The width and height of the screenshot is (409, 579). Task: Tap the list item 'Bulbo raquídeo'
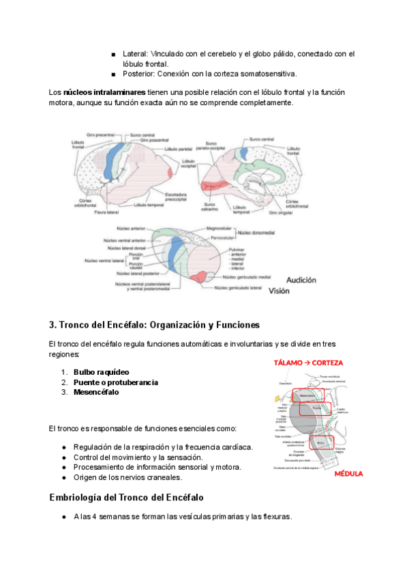coord(102,372)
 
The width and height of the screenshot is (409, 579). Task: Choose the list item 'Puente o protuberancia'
coord(116,382)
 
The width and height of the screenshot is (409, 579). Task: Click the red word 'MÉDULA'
coord(348,473)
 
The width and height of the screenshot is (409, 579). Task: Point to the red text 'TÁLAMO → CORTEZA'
coord(308,363)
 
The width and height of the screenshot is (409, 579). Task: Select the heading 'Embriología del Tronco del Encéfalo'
coord(127,497)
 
